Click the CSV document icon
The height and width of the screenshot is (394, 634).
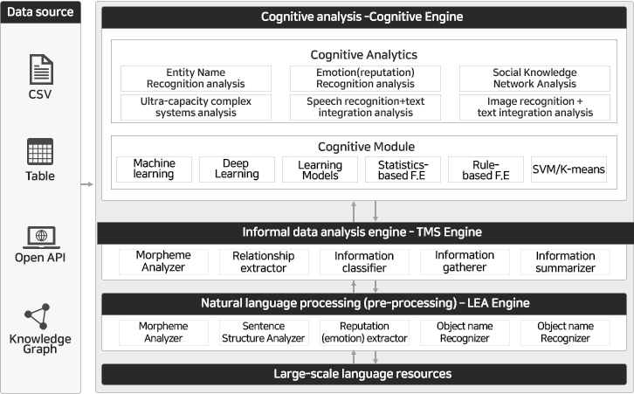[41, 70]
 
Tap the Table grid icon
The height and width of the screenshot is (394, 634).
[40, 152]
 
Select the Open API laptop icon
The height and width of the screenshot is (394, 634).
[41, 238]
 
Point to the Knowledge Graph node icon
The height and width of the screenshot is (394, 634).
[38, 316]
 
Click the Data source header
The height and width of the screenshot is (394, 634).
[40, 12]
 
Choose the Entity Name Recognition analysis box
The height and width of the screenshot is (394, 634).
[196, 79]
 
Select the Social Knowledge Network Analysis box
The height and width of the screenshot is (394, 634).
[534, 79]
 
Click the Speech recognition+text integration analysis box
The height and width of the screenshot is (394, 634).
[365, 107]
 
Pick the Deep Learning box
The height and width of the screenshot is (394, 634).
[237, 169]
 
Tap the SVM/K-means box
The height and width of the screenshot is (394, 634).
[569, 169]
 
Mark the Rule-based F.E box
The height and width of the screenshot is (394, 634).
[486, 169]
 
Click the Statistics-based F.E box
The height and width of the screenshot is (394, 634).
[403, 169]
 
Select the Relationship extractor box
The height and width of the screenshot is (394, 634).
[264, 262]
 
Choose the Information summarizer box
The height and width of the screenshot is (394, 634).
[565, 262]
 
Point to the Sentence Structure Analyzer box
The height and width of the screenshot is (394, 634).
[264, 333]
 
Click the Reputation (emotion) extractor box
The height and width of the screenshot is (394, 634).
[364, 333]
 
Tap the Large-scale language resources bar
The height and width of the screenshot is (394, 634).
[364, 374]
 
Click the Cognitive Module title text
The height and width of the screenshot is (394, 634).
[366, 147]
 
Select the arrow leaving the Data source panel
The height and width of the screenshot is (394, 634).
[87, 184]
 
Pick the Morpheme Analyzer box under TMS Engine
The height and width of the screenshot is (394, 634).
[163, 262]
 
